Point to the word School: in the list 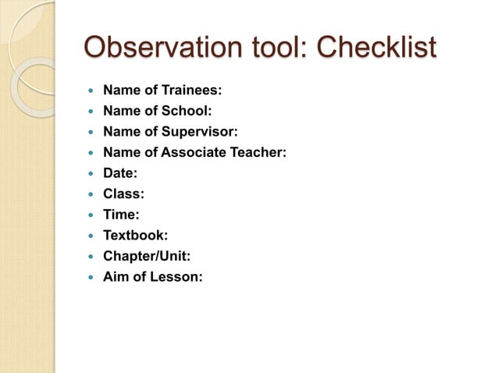point(187,111)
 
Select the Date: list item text point(121,172)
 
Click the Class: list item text point(123,194)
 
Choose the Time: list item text point(121,214)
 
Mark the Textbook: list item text point(135,235)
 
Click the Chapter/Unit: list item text point(147,255)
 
